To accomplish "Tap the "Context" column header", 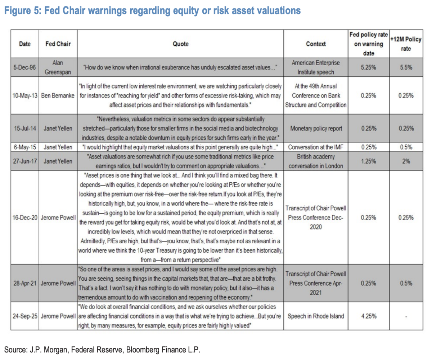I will (316, 44).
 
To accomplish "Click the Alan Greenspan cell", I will (58, 67).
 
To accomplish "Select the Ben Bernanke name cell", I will (58, 95).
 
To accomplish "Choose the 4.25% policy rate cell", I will (368, 316).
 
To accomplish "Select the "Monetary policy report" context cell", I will (316, 128).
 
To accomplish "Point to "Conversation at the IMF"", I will (316, 147).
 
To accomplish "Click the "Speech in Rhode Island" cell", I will (316, 316).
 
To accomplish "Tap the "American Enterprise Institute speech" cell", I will (316, 67).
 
